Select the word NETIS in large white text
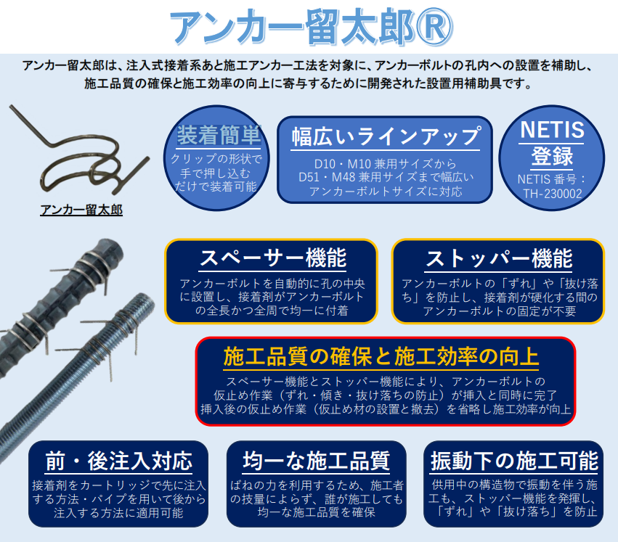553,130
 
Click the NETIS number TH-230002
553,194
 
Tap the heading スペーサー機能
272,258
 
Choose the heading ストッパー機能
499,258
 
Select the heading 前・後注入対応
118,460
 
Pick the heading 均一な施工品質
316,460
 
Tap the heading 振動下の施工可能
514,460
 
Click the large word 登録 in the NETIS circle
553,155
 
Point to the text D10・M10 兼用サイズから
386,163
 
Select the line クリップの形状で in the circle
219,159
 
